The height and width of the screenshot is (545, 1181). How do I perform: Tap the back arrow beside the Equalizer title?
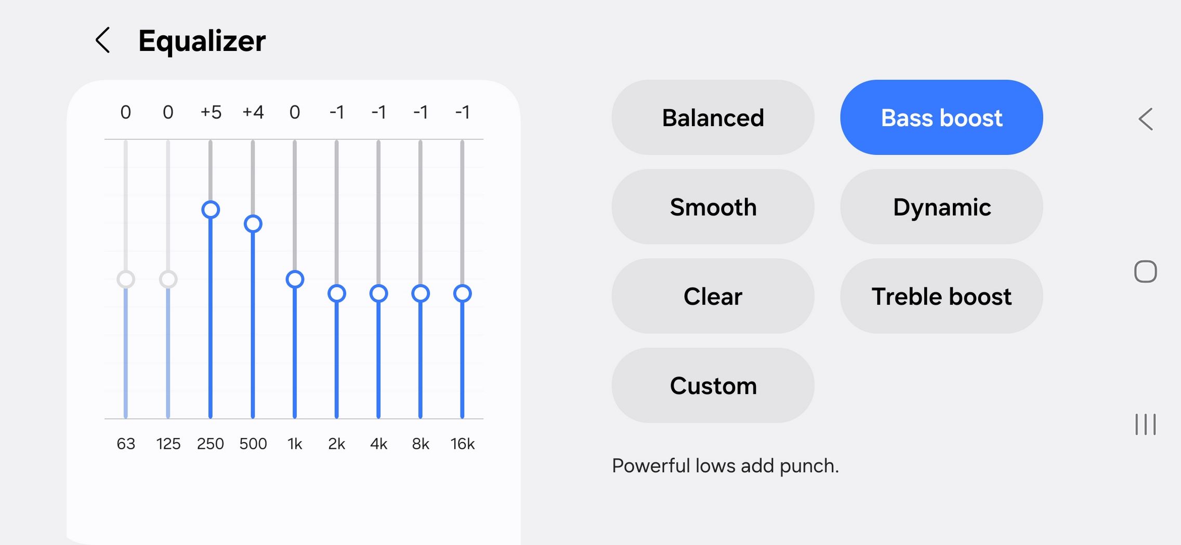[x=103, y=40]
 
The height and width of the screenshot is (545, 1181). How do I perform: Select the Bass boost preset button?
[x=941, y=117]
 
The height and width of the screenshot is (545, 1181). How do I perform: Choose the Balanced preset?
[x=713, y=117]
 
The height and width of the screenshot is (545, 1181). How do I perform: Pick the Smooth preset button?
[x=713, y=206]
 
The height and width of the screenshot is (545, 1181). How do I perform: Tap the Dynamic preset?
[x=941, y=206]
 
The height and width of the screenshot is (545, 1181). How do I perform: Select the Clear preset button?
[x=713, y=296]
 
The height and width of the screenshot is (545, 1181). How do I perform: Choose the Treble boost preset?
[x=941, y=296]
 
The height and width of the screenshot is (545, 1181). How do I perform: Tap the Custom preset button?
[x=713, y=385]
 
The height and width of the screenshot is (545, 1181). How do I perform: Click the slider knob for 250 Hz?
[x=211, y=209]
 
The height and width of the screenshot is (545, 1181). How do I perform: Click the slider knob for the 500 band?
[x=253, y=223]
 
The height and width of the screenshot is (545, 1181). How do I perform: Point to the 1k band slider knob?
[x=295, y=279]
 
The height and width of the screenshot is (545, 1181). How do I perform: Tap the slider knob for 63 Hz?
[x=126, y=279]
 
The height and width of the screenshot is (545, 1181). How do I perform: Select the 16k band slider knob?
[x=462, y=293]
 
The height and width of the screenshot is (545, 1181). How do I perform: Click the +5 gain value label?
[x=211, y=112]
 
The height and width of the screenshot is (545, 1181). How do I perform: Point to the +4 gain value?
[x=253, y=112]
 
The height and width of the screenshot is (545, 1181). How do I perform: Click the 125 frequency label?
[x=168, y=444]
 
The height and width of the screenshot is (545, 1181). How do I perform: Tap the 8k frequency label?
[x=421, y=444]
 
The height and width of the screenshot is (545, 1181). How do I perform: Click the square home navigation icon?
[x=1145, y=271]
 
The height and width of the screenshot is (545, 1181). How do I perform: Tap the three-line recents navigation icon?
[x=1145, y=424]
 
